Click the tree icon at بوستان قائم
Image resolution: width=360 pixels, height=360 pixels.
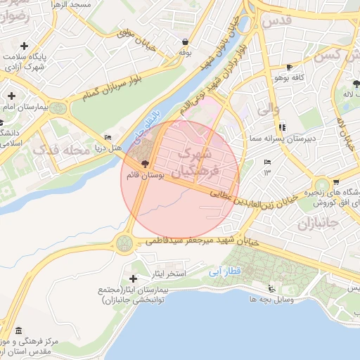point(145,162)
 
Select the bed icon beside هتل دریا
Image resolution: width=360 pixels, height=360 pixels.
point(107,137)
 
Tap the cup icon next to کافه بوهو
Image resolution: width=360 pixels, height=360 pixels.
point(289,67)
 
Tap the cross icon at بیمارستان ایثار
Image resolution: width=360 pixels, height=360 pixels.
point(133,279)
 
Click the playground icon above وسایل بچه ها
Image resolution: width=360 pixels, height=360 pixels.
point(272,288)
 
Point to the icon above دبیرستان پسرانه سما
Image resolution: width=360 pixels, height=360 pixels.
point(282,127)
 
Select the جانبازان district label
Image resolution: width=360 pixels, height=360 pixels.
point(314,226)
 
